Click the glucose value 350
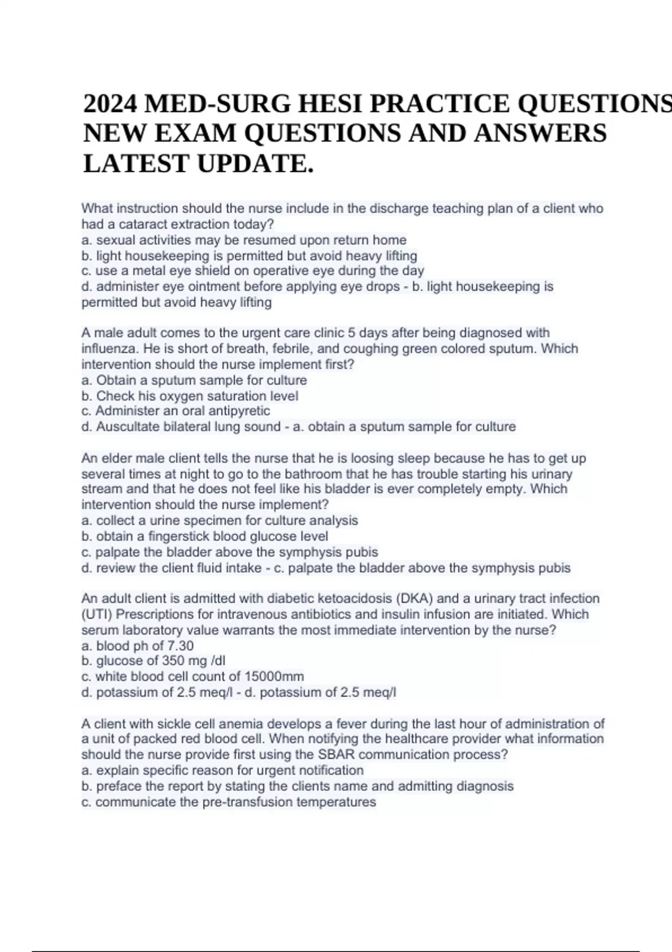173,661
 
